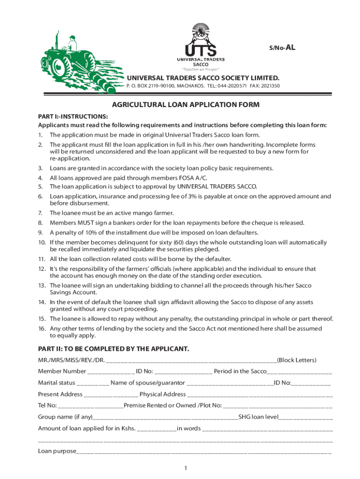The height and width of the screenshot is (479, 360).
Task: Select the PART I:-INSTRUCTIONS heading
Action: pos(73,116)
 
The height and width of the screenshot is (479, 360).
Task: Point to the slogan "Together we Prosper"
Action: pos(201,69)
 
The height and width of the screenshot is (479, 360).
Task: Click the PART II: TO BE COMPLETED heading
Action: pos(114,349)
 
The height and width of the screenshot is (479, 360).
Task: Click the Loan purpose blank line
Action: pos(204,452)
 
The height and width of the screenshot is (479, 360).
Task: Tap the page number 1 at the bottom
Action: pos(186,468)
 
